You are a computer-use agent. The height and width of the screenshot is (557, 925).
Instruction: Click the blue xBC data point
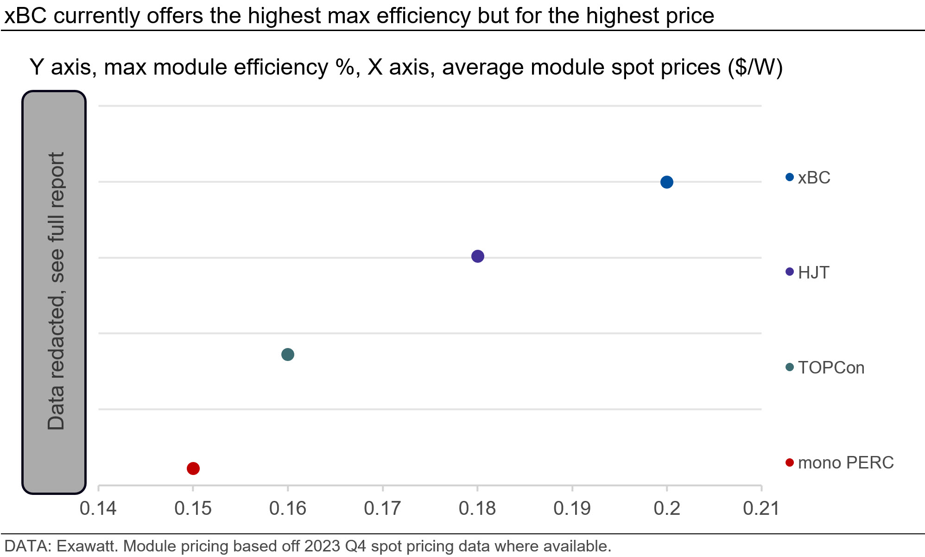pyautogui.click(x=666, y=182)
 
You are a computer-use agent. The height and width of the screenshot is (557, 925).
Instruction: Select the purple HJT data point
pyautogui.click(x=477, y=256)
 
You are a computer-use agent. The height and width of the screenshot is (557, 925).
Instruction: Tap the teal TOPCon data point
pyautogui.click(x=288, y=354)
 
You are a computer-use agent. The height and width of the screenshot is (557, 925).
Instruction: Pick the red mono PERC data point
pyautogui.click(x=193, y=468)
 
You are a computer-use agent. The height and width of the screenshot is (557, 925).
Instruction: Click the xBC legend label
pyautogui.click(x=814, y=178)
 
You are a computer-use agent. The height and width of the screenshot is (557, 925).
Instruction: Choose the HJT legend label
pyautogui.click(x=813, y=272)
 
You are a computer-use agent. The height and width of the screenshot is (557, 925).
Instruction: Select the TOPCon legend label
pyautogui.click(x=831, y=367)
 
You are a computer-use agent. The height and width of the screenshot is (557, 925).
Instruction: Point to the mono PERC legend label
pyautogui.click(x=846, y=462)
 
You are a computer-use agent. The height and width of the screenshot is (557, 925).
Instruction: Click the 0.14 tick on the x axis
pyautogui.click(x=98, y=508)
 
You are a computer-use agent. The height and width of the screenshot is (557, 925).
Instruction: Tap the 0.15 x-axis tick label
pyautogui.click(x=193, y=508)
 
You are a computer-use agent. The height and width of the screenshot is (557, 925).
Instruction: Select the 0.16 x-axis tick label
pyautogui.click(x=288, y=508)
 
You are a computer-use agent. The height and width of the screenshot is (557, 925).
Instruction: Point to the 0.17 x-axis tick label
pyautogui.click(x=382, y=508)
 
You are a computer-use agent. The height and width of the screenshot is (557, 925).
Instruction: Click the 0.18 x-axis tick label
pyautogui.click(x=477, y=508)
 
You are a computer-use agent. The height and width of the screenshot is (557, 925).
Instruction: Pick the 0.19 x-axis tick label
pyautogui.click(x=572, y=508)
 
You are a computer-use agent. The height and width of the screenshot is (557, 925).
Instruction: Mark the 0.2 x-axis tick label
pyautogui.click(x=667, y=508)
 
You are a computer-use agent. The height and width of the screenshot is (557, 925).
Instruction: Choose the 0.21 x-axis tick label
pyautogui.click(x=761, y=508)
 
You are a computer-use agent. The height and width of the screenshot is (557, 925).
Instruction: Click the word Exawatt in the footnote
pyautogui.click(x=87, y=546)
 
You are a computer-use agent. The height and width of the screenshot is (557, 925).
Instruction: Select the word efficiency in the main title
pyautogui.click(x=425, y=16)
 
